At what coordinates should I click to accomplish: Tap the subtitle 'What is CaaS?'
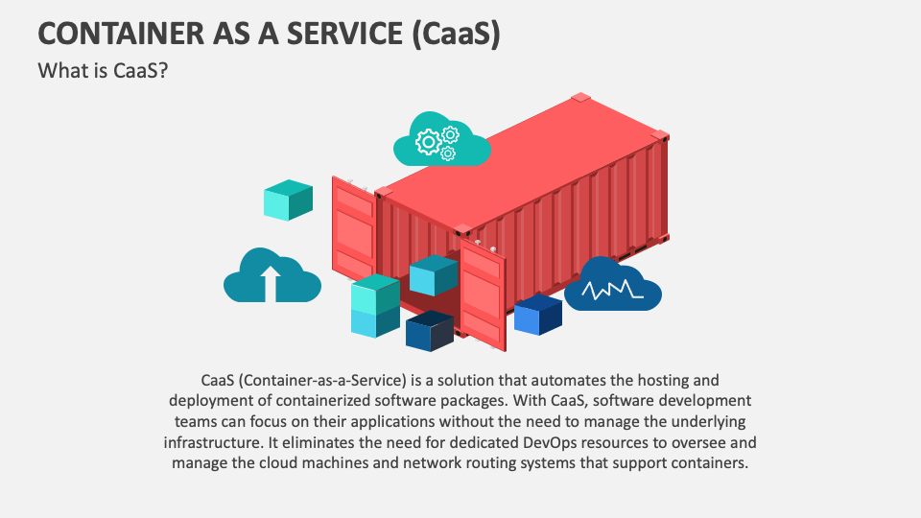(103, 71)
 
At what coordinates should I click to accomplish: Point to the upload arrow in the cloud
(271, 282)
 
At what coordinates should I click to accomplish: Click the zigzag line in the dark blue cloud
(611, 288)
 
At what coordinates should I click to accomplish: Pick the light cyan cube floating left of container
(288, 199)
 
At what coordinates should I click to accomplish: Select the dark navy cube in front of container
(429, 331)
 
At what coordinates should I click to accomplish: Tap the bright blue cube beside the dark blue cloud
(537, 315)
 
